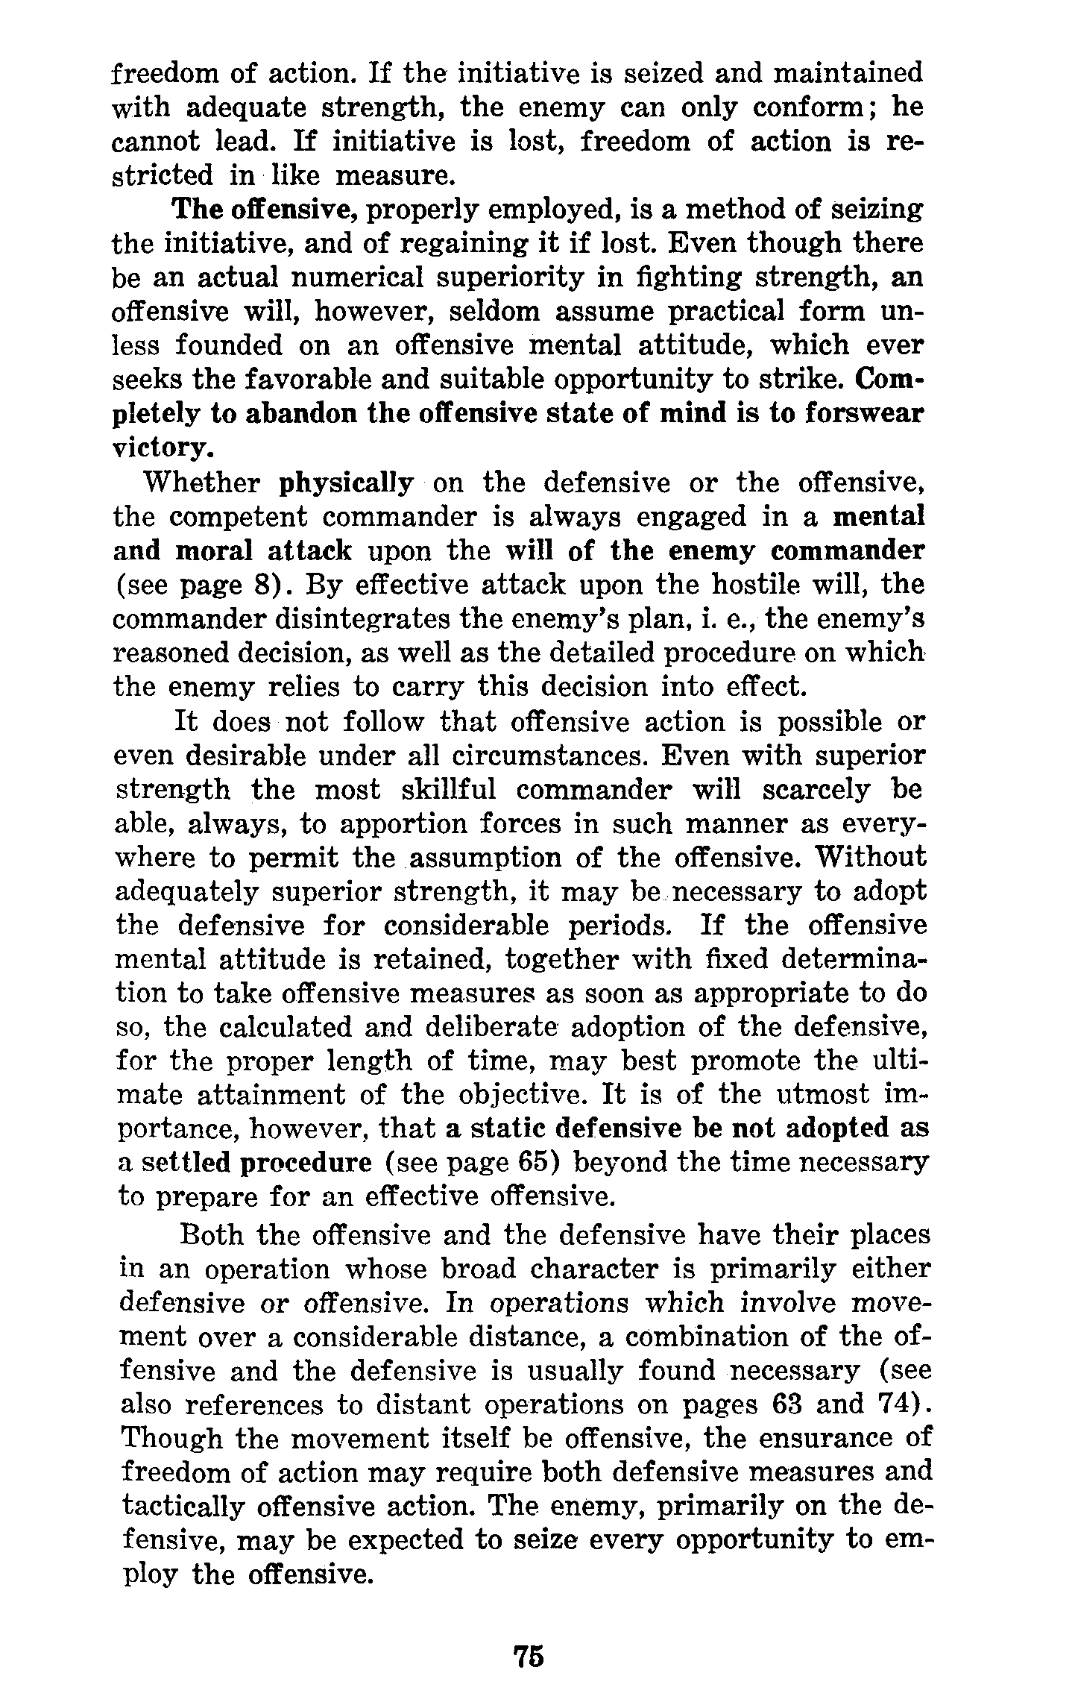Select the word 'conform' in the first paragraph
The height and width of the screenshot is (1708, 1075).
coord(806,107)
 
